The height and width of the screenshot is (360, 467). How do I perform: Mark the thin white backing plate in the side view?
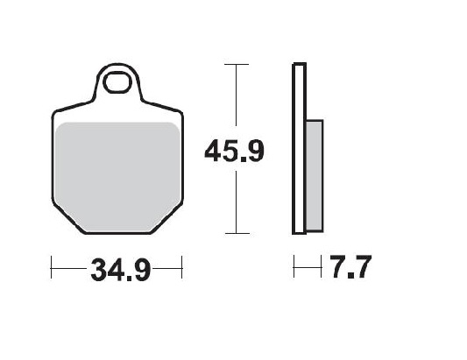[x=299, y=149]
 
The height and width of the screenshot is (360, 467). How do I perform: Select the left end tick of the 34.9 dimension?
[x=52, y=265]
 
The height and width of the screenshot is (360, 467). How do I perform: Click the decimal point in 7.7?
[x=346, y=276]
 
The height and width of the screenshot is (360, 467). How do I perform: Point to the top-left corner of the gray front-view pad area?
[x=59, y=125]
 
